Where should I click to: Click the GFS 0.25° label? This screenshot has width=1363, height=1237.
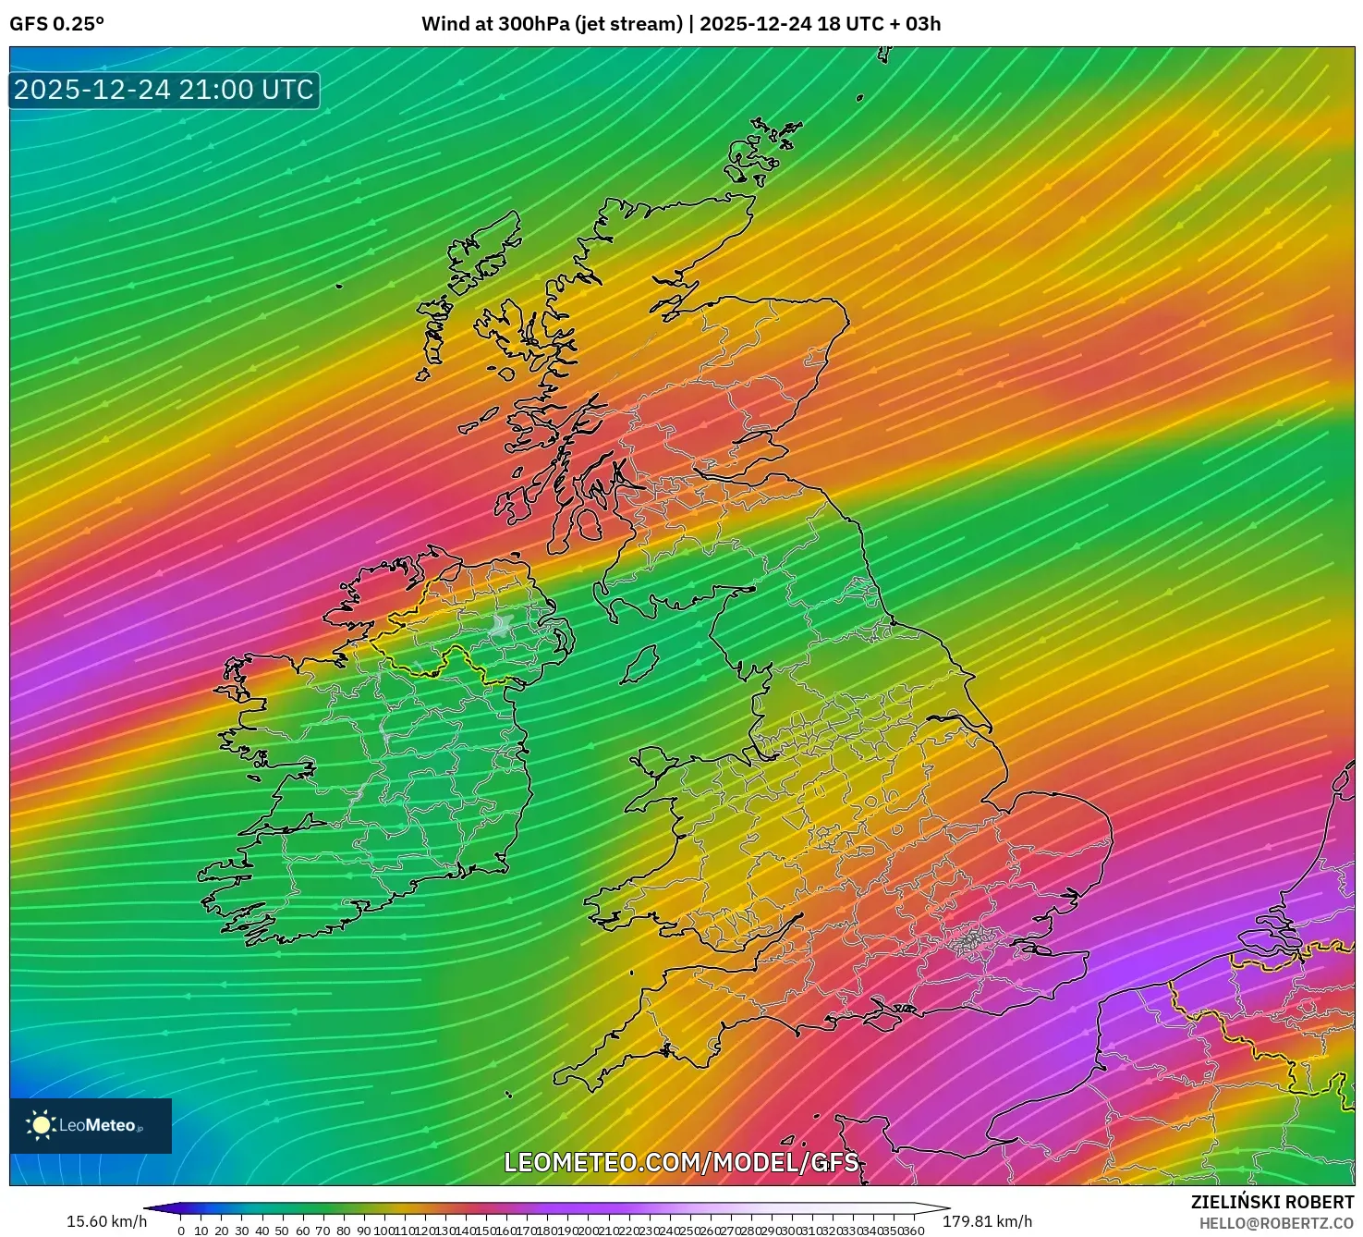(56, 24)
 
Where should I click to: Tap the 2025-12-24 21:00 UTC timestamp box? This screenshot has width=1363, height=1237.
(164, 90)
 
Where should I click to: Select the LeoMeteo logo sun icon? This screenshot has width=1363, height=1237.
(41, 1125)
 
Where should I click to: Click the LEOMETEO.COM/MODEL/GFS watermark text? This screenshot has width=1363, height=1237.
(681, 1162)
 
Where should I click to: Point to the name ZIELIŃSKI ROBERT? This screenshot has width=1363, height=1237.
(1272, 1202)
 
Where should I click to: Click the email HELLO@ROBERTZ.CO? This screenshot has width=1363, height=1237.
(1276, 1223)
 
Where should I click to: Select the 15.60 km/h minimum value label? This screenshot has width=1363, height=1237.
(106, 1221)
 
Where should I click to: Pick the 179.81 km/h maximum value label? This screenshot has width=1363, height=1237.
(987, 1221)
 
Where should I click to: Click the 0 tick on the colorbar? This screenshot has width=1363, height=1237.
(181, 1231)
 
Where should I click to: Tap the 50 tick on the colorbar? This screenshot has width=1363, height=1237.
(282, 1231)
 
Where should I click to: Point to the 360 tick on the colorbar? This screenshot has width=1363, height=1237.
(913, 1231)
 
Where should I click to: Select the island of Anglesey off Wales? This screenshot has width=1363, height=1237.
(655, 764)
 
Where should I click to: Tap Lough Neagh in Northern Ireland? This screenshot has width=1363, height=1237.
(503, 625)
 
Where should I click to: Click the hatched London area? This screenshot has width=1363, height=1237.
(970, 942)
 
